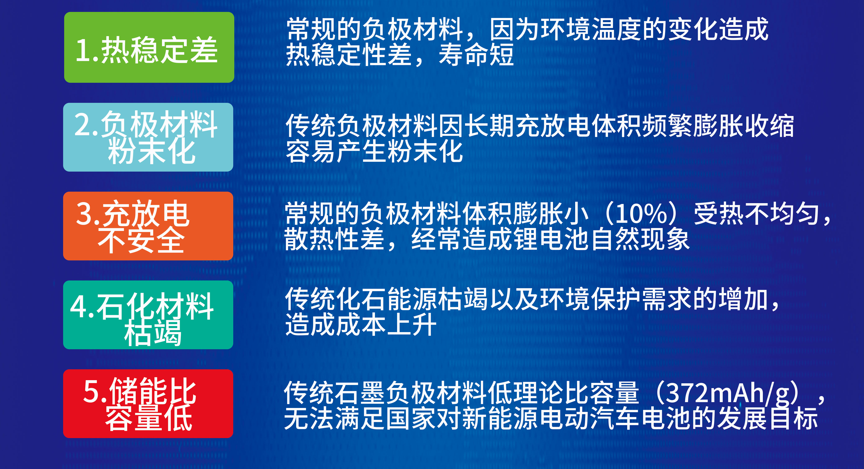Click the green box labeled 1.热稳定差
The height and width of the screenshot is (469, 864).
point(149,47)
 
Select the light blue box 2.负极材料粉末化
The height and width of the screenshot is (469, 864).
point(148,137)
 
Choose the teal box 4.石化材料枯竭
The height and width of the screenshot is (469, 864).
point(148,315)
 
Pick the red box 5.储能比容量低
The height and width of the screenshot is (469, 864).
point(148,404)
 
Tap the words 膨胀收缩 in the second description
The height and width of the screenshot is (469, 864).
point(744,126)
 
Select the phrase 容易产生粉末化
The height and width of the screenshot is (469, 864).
point(374,151)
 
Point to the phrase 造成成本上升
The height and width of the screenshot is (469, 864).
point(361,324)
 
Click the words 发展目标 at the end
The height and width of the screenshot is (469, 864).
point(767,418)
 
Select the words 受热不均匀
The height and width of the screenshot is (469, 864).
point(757,213)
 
